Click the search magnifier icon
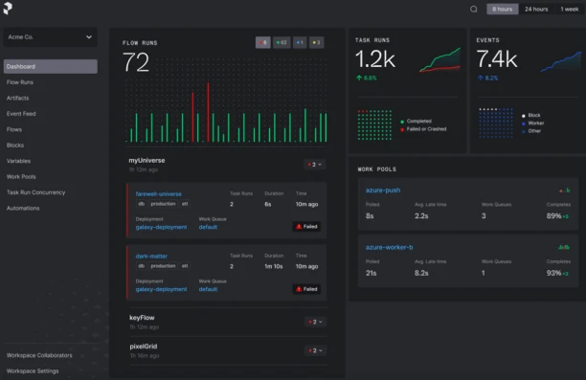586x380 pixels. [x=473, y=10]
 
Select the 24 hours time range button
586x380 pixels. [x=535, y=10]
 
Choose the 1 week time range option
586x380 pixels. [x=569, y=10]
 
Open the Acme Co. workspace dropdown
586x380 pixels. [x=50, y=37]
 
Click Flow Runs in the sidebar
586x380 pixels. [x=20, y=82]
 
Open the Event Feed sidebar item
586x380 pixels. [x=21, y=114]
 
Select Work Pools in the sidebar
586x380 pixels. [x=21, y=176]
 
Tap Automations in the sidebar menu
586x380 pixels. [x=23, y=208]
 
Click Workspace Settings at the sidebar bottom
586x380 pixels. [x=34, y=370]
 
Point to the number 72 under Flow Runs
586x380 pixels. [x=136, y=63]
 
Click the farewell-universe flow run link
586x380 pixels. [x=159, y=194]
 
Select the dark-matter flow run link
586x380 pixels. [x=150, y=256]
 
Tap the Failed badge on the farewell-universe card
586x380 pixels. [x=306, y=227]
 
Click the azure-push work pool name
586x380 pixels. [x=383, y=190]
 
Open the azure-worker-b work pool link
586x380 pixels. [x=390, y=247]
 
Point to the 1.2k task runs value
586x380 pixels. [x=375, y=59]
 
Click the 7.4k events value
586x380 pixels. [x=497, y=59]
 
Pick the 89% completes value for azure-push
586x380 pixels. [x=553, y=216]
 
